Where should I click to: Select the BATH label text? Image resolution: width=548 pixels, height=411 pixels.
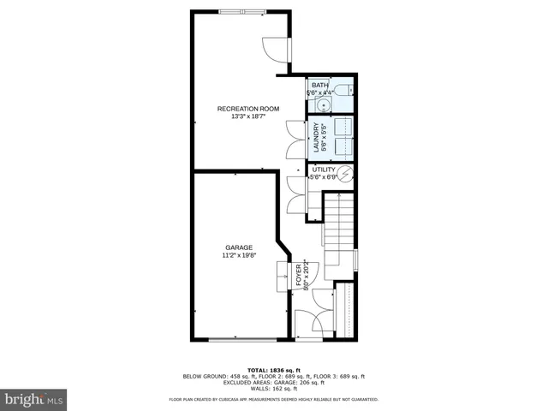pyautogui.click(x=319, y=86)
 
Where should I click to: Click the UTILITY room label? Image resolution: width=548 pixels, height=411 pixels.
pyautogui.click(x=323, y=170)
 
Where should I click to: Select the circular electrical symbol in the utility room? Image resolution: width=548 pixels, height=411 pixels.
pyautogui.click(x=346, y=175)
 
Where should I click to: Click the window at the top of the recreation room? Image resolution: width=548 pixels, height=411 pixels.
pyautogui.click(x=241, y=11)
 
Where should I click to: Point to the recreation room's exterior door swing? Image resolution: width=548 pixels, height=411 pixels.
pyautogui.click(x=277, y=50)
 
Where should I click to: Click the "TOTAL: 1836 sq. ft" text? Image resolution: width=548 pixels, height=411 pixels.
pyautogui.click(x=273, y=369)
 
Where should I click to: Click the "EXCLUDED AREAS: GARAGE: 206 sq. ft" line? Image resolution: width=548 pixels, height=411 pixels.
pyautogui.click(x=273, y=382)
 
